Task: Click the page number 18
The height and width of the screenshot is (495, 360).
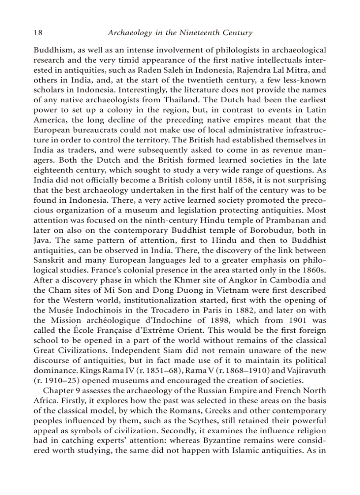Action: (38, 33)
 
